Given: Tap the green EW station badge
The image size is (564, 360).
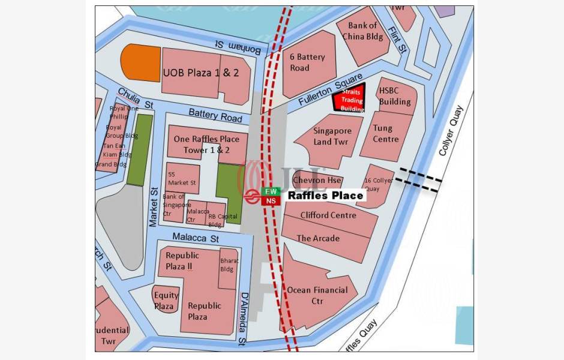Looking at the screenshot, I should click(270, 191).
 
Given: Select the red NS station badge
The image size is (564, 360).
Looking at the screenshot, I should click(270, 201).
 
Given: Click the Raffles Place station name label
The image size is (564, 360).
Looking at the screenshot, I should click(325, 196).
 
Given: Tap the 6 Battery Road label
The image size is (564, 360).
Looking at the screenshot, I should click(307, 62).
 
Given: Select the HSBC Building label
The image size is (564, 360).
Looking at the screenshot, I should click(394, 96).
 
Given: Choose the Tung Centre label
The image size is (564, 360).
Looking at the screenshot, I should click(386, 133).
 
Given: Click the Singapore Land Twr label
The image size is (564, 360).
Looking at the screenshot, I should click(332, 136).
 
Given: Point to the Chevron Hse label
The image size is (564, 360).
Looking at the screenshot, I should click(317, 180).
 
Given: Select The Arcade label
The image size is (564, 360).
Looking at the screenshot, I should click(318, 238).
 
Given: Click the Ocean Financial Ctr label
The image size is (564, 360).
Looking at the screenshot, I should click(317, 295).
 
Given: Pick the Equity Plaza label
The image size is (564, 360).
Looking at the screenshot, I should click(166, 301).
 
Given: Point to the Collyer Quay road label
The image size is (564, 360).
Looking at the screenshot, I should click(451, 131).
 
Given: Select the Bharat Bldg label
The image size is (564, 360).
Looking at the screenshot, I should click(229, 265).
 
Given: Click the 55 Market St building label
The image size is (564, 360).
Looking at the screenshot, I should click(182, 178).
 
